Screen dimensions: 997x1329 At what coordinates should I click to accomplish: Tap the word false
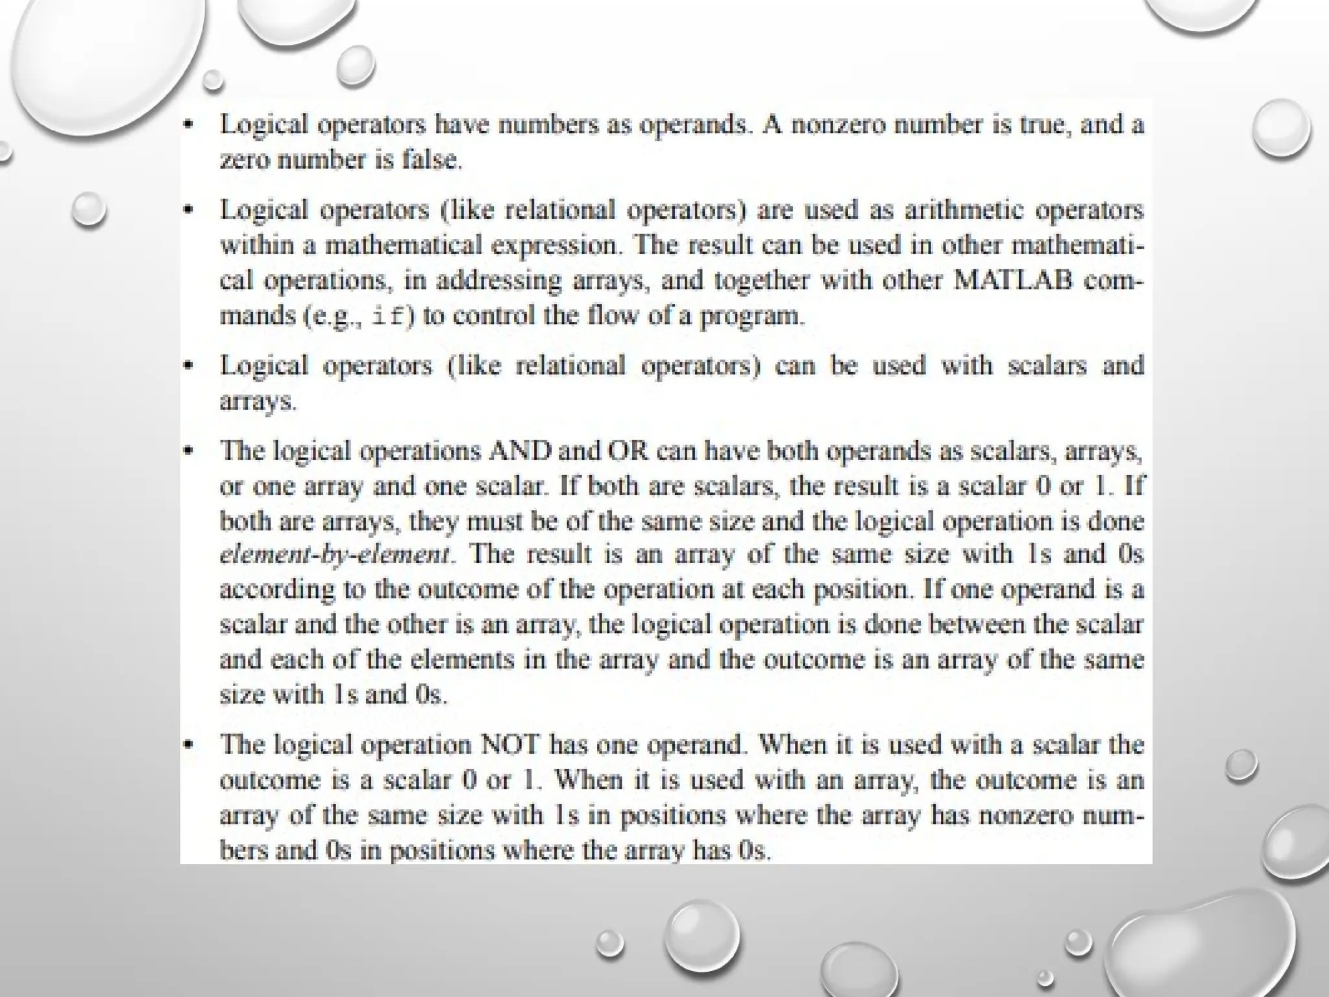pyautogui.click(x=431, y=160)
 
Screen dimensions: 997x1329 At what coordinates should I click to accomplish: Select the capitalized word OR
pyautogui.click(x=628, y=451)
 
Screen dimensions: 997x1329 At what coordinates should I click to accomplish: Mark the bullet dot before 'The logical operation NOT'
pyautogui.click(x=188, y=745)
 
